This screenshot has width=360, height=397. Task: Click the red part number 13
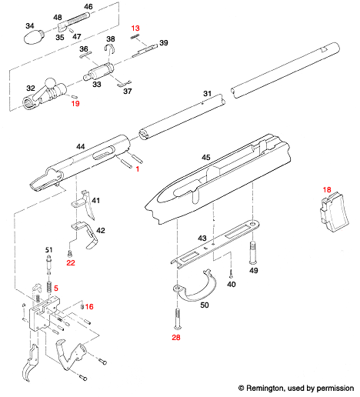click(x=135, y=28)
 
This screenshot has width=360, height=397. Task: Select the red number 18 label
click(x=327, y=189)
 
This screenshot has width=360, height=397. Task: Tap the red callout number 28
click(x=176, y=336)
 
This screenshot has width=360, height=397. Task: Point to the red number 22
click(x=70, y=263)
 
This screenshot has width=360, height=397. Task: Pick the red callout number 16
click(x=89, y=306)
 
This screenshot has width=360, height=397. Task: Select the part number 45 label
click(x=205, y=157)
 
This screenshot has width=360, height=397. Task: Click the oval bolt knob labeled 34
click(x=35, y=38)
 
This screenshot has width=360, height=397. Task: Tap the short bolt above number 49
click(x=253, y=253)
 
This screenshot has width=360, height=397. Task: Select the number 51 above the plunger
click(x=48, y=250)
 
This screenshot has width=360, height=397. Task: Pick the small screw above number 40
click(x=231, y=273)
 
